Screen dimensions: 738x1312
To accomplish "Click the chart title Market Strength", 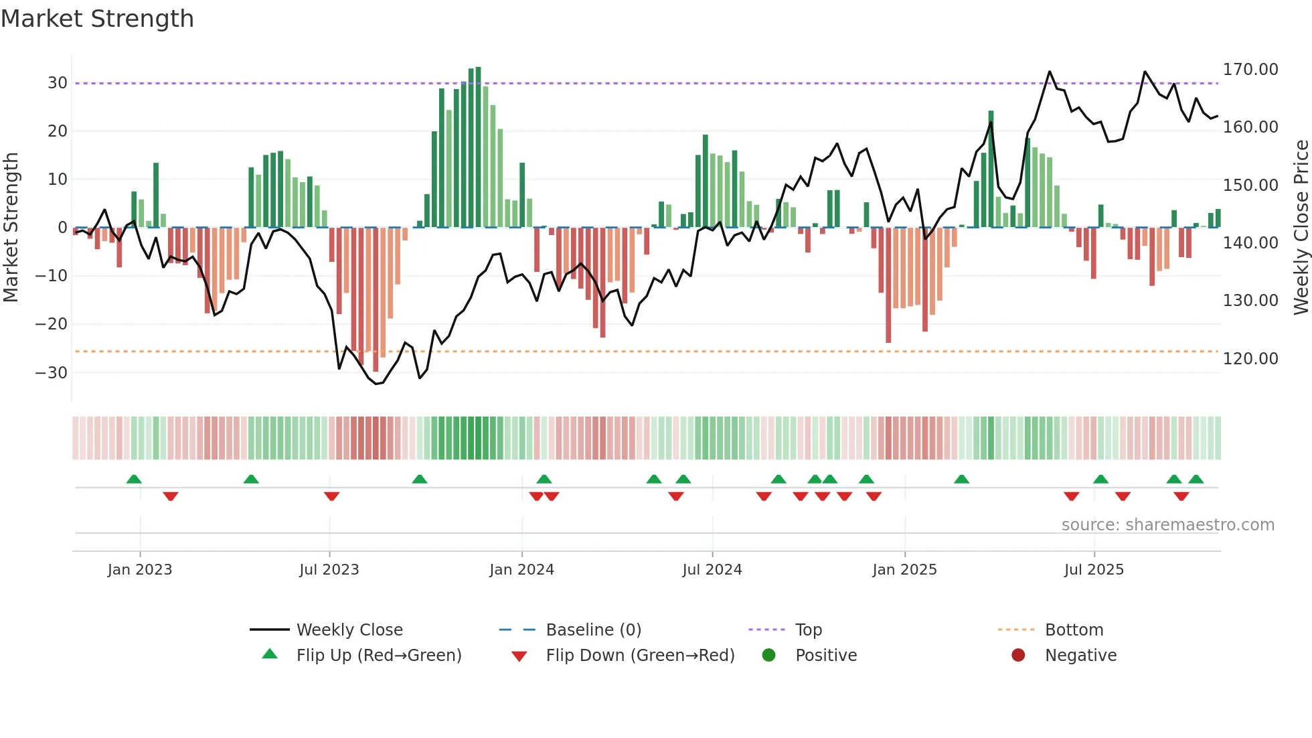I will (97, 19).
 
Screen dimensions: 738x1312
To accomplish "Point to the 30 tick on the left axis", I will (58, 83).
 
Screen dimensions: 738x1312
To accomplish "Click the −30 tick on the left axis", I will (52, 372).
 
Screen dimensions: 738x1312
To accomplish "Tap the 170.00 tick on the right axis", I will (1250, 70).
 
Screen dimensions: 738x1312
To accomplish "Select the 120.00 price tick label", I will (1250, 359).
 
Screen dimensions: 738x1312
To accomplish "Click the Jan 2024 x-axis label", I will (521, 570).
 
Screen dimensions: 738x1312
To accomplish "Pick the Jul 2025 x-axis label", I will (1094, 570).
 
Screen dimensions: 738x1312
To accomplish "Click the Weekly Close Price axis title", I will (1301, 228).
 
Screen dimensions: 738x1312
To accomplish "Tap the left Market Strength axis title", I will (11, 228).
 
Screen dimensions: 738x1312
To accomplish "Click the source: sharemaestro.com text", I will (1167, 525).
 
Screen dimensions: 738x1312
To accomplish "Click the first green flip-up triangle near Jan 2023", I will (134, 479).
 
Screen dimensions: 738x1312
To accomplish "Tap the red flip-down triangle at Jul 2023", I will (331, 496).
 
